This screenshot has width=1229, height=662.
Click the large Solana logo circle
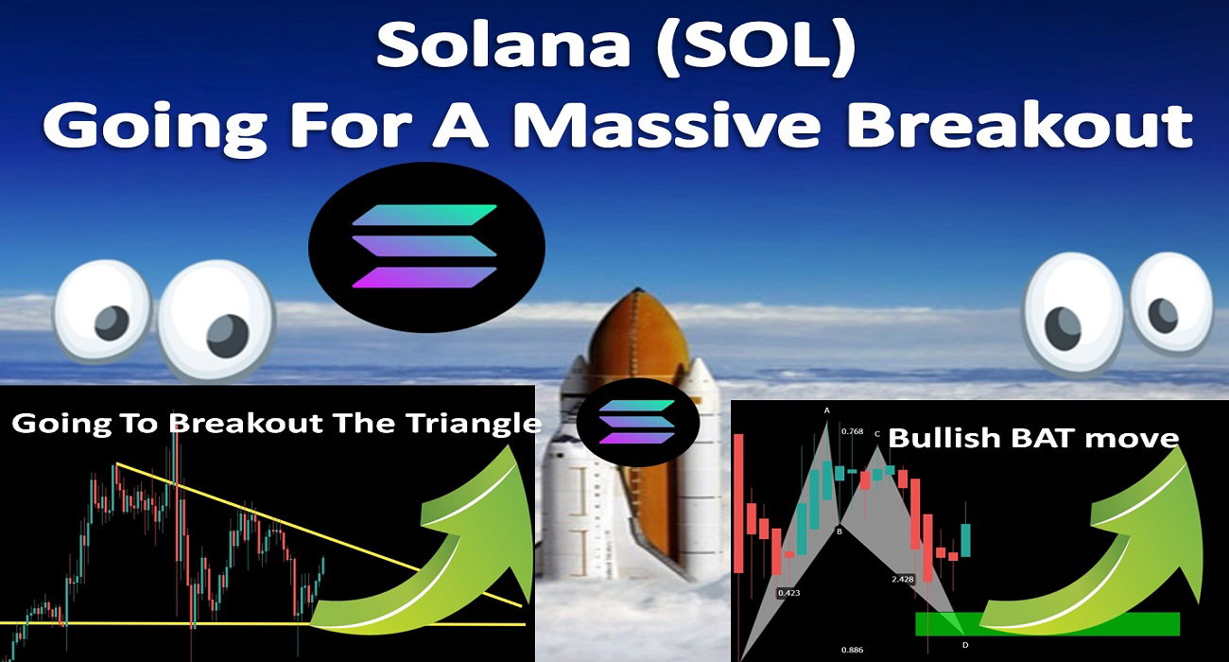tap(426, 247)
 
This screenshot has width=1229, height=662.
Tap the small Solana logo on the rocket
tap(637, 422)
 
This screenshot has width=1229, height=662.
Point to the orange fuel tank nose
tap(636, 340)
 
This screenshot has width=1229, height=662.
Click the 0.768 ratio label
tap(852, 431)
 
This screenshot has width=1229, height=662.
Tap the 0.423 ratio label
tap(788, 593)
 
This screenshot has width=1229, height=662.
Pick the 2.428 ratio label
tap(903, 579)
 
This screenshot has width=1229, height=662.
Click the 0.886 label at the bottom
tap(852, 650)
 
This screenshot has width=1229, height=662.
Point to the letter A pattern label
tap(827, 410)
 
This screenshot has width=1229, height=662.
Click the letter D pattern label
tap(965, 645)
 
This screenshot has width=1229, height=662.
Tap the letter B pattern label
tap(839, 531)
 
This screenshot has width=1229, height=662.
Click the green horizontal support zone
tap(1047, 623)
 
